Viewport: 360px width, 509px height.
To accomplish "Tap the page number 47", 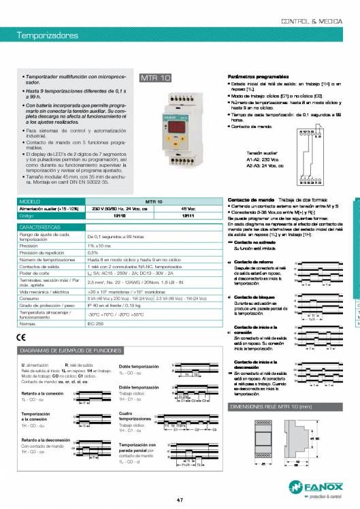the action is tap(179, 500).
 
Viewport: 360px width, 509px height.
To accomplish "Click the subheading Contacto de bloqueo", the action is tap(252, 298).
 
